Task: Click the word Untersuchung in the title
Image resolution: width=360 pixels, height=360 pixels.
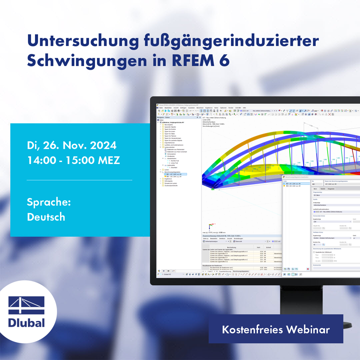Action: click(x=82, y=41)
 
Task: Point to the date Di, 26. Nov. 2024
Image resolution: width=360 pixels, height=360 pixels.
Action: click(x=72, y=145)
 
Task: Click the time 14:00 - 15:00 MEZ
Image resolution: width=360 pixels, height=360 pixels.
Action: click(x=73, y=160)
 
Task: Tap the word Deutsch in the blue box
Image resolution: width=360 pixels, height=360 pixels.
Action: click(x=46, y=217)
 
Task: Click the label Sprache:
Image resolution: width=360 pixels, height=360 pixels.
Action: click(x=49, y=202)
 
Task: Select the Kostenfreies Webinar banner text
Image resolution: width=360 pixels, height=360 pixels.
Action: click(x=276, y=329)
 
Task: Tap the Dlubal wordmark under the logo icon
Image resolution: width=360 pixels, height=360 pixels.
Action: click(x=27, y=323)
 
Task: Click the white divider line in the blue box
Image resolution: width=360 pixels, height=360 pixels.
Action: click(x=79, y=180)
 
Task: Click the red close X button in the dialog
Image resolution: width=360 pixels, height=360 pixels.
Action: click(x=308, y=269)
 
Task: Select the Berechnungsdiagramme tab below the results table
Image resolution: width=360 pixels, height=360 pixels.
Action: click(x=241, y=271)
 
